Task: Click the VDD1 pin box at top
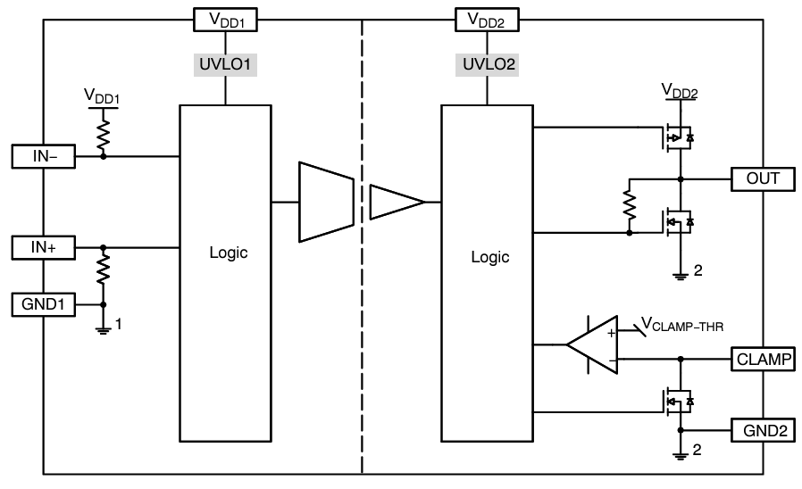225,20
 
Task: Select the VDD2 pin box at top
487,20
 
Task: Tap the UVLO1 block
225,64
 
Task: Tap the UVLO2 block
487,64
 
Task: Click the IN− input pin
44,156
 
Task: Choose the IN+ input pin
44,246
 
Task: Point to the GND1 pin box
44,304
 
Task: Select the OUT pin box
762,178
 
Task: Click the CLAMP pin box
762,360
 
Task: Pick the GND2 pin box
762,430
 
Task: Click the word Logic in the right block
489,257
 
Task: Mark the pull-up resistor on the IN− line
104,134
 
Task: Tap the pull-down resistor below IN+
104,268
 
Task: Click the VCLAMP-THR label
683,327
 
